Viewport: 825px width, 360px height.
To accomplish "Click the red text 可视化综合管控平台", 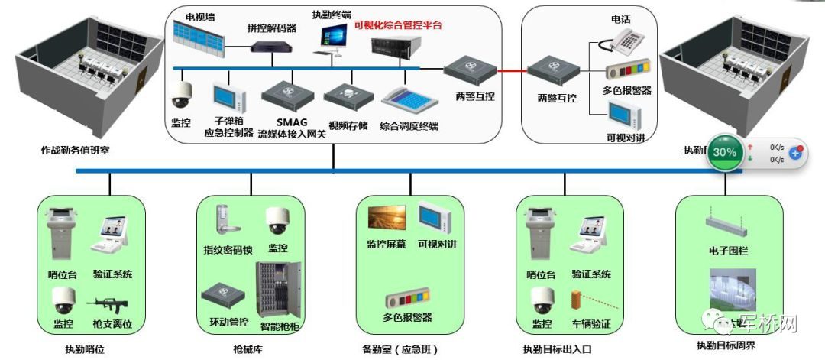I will tap(398, 25).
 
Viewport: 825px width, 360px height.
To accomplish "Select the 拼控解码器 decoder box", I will tap(273, 46).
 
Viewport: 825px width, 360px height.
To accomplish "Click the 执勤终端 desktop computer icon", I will tap(334, 39).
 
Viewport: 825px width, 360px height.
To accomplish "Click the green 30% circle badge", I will tap(725, 152).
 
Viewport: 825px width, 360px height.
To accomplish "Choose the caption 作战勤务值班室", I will tap(75, 151).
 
